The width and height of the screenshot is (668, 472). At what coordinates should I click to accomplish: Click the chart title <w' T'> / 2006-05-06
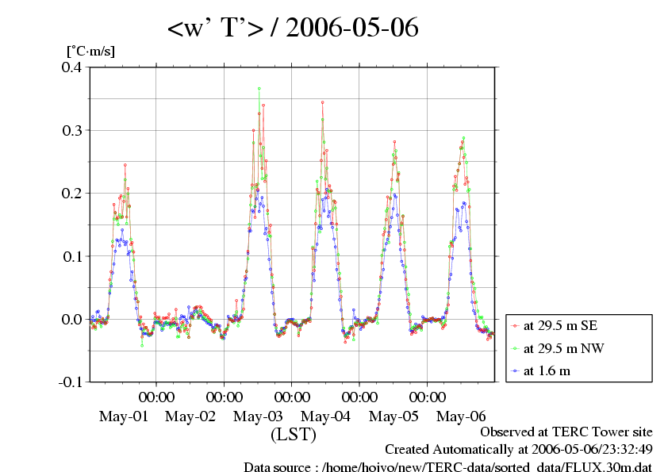point(293,29)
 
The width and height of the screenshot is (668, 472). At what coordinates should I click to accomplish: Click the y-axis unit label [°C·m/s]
point(91,52)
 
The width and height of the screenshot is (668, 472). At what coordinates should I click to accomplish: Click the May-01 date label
point(124,416)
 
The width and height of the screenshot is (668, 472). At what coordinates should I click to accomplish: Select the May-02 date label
point(191,416)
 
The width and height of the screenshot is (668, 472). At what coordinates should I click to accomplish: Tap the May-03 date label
point(259,416)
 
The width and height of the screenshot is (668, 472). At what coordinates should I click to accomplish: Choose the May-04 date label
point(326,416)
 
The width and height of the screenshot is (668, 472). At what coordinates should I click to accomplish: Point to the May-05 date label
point(394,416)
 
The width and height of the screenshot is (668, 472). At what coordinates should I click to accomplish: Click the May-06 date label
point(461,416)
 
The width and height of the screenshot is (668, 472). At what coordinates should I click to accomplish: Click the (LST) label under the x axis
point(294,435)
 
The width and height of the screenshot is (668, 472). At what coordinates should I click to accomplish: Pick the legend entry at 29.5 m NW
point(557,347)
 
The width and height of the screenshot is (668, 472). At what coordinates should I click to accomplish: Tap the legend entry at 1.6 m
point(547,370)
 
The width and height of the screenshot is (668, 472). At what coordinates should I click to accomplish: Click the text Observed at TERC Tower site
point(566,432)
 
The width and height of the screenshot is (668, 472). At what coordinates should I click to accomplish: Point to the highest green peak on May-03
point(259,89)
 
